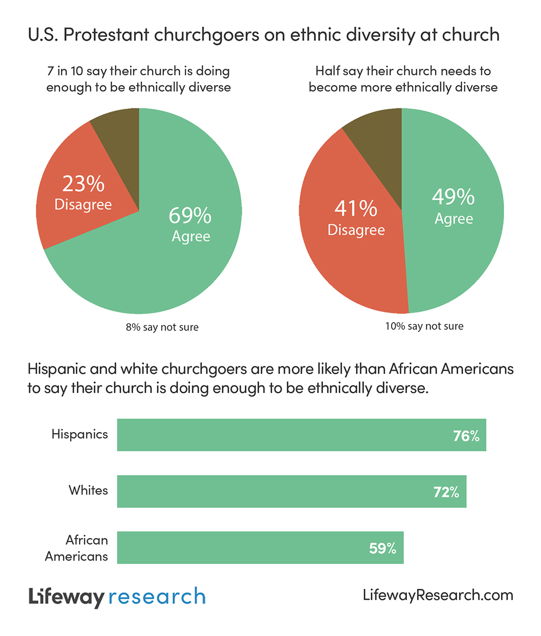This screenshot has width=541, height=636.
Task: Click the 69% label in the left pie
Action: [x=190, y=216]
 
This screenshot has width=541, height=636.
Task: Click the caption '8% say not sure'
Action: [x=162, y=327]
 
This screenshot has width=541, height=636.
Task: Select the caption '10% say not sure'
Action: [x=424, y=326]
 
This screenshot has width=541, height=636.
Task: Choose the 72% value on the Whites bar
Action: [x=446, y=492]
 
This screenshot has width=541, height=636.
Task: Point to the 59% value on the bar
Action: [x=383, y=548]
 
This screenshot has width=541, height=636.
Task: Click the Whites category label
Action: [x=88, y=490]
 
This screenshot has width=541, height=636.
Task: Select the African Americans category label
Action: [x=77, y=548]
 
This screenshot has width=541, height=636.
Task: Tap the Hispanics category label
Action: [x=80, y=434]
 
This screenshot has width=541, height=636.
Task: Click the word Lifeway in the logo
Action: [x=65, y=597]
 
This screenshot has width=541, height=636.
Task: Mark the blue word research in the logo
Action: [x=157, y=597]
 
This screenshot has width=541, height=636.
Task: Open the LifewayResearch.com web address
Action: [x=437, y=595]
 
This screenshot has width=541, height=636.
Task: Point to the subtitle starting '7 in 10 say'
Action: [x=138, y=79]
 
